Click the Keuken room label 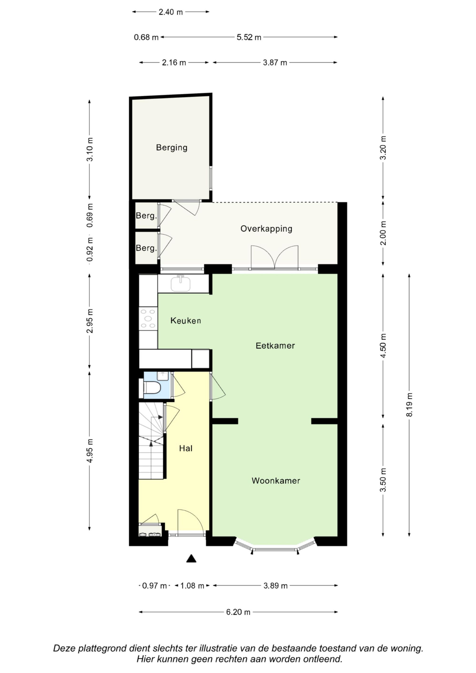point(186,320)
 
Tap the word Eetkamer point(275,346)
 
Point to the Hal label point(186,448)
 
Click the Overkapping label point(266,229)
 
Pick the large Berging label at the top point(172,147)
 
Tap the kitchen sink point(181,283)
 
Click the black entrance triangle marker point(191,558)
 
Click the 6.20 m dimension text point(238,612)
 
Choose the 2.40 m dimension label point(171,12)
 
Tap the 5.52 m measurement point(249,37)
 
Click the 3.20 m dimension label point(383,148)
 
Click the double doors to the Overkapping point(274,257)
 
